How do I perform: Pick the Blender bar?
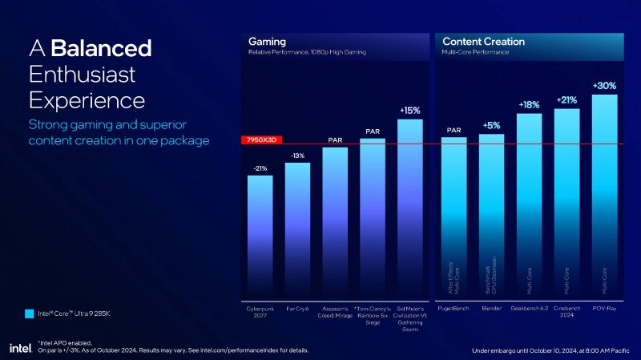click(491, 216)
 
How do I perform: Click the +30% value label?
click(604, 85)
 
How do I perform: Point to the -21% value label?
click(260, 168)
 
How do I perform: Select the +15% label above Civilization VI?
click(409, 110)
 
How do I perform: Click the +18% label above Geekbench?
click(529, 104)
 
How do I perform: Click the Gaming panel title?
click(267, 41)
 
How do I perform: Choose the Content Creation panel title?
click(483, 41)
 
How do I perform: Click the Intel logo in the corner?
click(20, 347)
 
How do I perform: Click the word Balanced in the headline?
click(101, 48)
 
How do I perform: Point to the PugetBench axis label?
click(454, 308)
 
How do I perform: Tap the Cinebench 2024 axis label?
click(566, 312)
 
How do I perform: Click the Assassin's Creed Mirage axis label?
click(335, 312)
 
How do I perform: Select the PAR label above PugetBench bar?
click(454, 129)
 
